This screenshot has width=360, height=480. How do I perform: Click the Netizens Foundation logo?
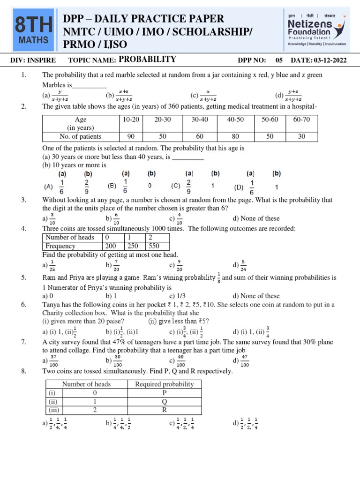point(317,30)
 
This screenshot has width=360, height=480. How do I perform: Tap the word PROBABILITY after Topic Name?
point(147,60)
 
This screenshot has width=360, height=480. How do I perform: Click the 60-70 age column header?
point(301,120)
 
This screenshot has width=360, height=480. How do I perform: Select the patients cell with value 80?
point(235,136)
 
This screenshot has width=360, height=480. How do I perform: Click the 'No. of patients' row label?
point(81,136)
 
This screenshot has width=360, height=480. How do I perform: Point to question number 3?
point(23,200)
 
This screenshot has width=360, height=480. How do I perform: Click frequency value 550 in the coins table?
point(153,246)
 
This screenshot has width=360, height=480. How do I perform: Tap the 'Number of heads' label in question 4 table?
point(70,237)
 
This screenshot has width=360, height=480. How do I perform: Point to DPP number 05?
point(279,60)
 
